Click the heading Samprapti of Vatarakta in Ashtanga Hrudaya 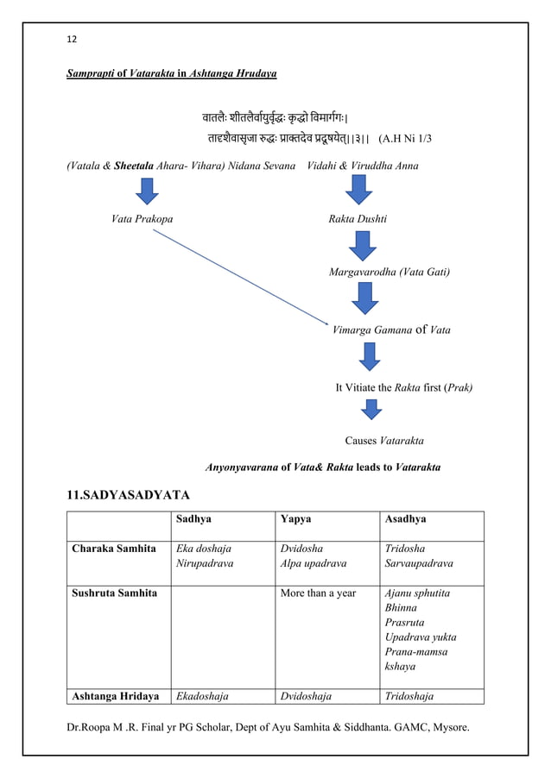(172, 75)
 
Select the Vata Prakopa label (142, 220)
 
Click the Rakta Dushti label (358, 220)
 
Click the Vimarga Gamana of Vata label (391, 329)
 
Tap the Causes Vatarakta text (383, 441)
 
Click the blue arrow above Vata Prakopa (146, 191)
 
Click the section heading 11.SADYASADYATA (129, 495)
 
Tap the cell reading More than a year (318, 593)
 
